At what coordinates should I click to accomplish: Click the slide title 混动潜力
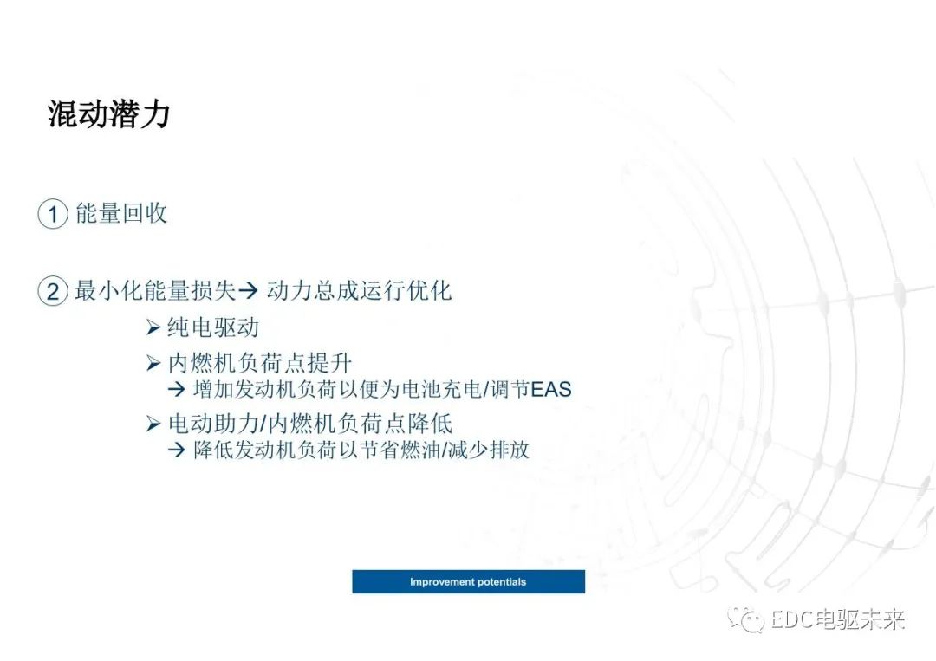pyautogui.click(x=108, y=114)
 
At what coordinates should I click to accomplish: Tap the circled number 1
pyautogui.click(x=53, y=214)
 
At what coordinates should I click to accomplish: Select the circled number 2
pyautogui.click(x=53, y=292)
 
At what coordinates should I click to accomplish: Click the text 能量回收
pyautogui.click(x=121, y=213)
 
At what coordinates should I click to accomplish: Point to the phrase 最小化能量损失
pyautogui.click(x=155, y=290)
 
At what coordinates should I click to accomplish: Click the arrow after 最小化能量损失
pyautogui.click(x=248, y=290)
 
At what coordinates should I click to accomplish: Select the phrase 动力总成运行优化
pyautogui.click(x=359, y=290)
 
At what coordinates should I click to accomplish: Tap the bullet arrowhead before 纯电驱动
pyautogui.click(x=153, y=327)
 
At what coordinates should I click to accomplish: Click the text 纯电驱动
pyautogui.click(x=213, y=327)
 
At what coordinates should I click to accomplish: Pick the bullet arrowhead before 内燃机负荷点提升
pyautogui.click(x=153, y=363)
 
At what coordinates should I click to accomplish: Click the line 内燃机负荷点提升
pyautogui.click(x=260, y=363)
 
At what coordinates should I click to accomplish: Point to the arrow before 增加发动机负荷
pyautogui.click(x=177, y=390)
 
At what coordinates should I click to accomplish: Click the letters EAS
pyautogui.click(x=551, y=390)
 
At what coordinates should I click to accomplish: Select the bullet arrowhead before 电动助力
pyautogui.click(x=153, y=424)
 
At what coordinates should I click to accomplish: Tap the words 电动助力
pyautogui.click(x=214, y=424)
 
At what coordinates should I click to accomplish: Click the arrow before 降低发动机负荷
pyautogui.click(x=177, y=450)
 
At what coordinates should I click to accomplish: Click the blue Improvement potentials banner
pyautogui.click(x=469, y=581)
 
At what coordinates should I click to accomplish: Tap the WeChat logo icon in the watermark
pyautogui.click(x=745, y=619)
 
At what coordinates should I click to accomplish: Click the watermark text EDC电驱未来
pyautogui.click(x=838, y=619)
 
